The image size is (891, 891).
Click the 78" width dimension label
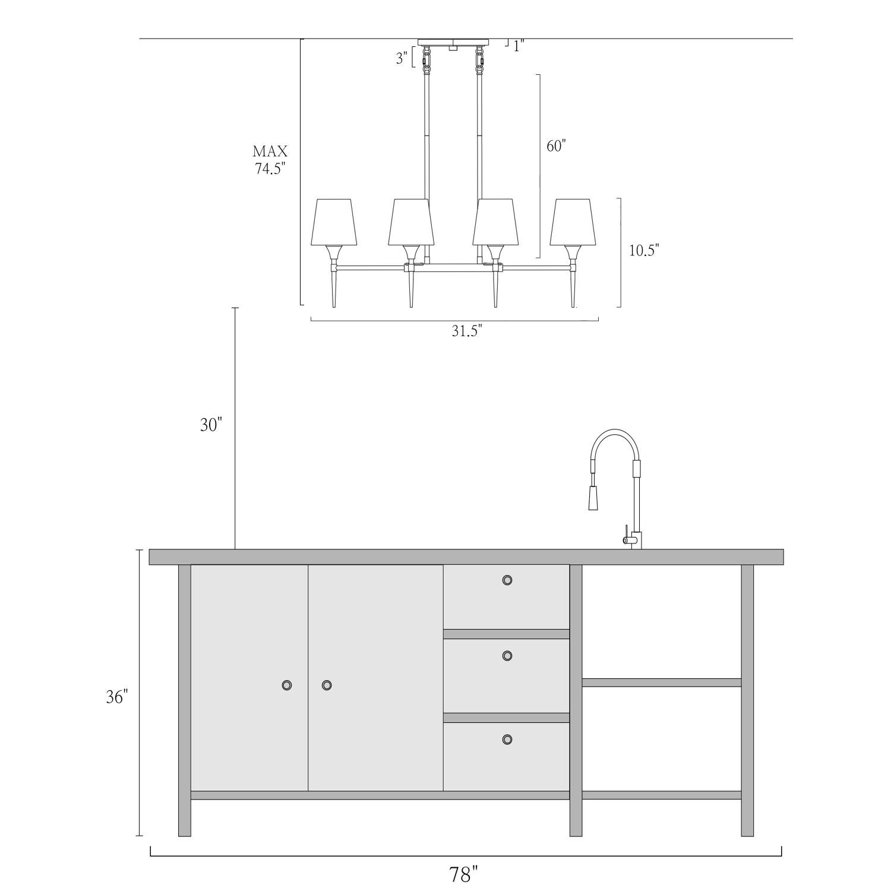coord(463,874)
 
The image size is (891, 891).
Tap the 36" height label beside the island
coord(117,697)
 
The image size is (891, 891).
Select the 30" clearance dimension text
coord(211,425)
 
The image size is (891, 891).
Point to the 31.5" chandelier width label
coord(467,331)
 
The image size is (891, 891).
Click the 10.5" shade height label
coord(644,250)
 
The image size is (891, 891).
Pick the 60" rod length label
coord(557,146)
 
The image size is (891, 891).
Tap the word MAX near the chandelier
coord(270,151)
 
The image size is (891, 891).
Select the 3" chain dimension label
coord(402,58)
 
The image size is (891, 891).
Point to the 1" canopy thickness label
coord(519,46)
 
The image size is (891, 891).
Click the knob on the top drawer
coord(507,580)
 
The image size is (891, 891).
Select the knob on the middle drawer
coord(507,656)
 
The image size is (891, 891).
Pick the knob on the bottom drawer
coord(507,740)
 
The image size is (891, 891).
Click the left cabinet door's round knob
coord(286,685)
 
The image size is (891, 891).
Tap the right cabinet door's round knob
coord(326,685)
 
